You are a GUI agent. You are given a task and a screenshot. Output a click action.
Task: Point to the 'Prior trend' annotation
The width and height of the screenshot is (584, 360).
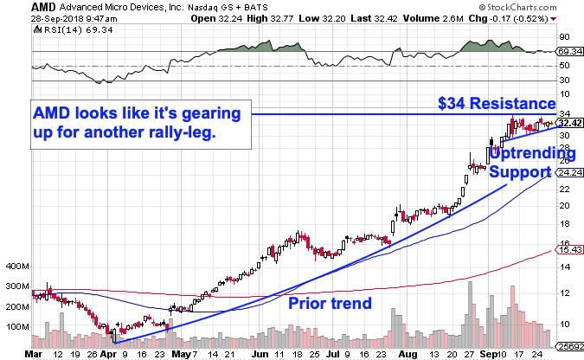pyautogui.click(x=329, y=303)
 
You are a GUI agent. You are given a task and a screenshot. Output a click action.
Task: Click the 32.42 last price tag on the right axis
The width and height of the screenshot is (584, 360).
pyautogui.click(x=567, y=124)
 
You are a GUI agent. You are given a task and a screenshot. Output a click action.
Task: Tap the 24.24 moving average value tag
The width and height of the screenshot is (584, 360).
pyautogui.click(x=567, y=173)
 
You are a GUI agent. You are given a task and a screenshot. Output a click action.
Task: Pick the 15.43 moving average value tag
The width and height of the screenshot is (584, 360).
pyautogui.click(x=567, y=250)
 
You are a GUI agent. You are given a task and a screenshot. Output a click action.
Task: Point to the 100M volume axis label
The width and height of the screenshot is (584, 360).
pyautogui.click(x=17, y=326)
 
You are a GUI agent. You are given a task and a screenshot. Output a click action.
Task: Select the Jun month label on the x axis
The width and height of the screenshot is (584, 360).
pyautogui.click(x=259, y=353)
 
